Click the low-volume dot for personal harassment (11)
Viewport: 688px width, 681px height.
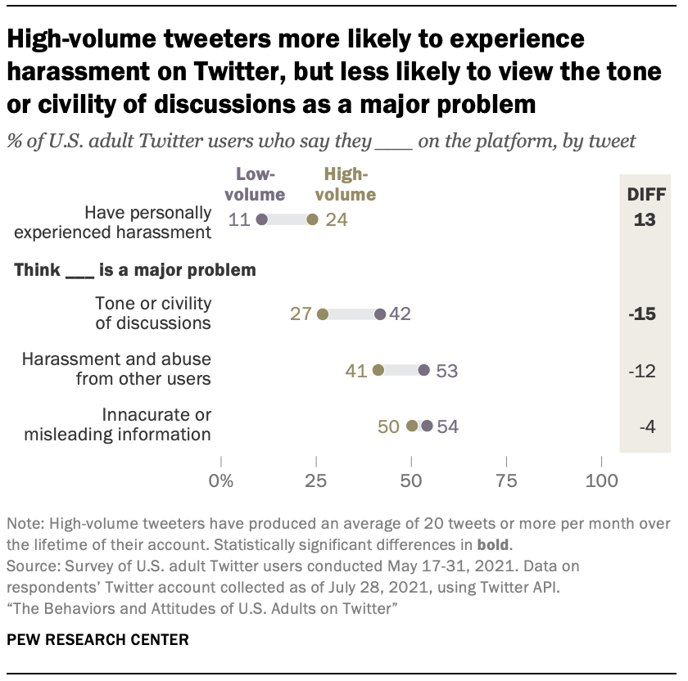[x=262, y=219]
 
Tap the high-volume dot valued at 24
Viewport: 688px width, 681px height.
[x=312, y=219]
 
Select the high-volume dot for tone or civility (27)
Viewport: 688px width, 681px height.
[x=322, y=314]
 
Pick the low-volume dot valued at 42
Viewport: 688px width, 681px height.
[x=379, y=314]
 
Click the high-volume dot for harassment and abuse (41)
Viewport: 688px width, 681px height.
[x=378, y=370]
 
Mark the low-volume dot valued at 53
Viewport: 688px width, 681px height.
[x=423, y=370]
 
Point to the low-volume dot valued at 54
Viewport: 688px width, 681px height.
[x=427, y=426]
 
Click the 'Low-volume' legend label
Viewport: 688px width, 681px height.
[x=261, y=184]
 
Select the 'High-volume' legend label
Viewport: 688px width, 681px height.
[x=349, y=184]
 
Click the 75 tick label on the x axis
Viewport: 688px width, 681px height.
[x=506, y=480]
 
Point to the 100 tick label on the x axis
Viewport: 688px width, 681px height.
[x=601, y=480]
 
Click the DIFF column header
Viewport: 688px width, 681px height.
[x=645, y=195]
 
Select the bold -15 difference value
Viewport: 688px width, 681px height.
[x=645, y=314]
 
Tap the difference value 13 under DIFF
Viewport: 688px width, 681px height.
[x=645, y=220]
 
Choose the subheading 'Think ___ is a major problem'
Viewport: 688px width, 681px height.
[x=134, y=269]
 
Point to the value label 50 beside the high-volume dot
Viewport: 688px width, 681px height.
[x=389, y=426]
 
